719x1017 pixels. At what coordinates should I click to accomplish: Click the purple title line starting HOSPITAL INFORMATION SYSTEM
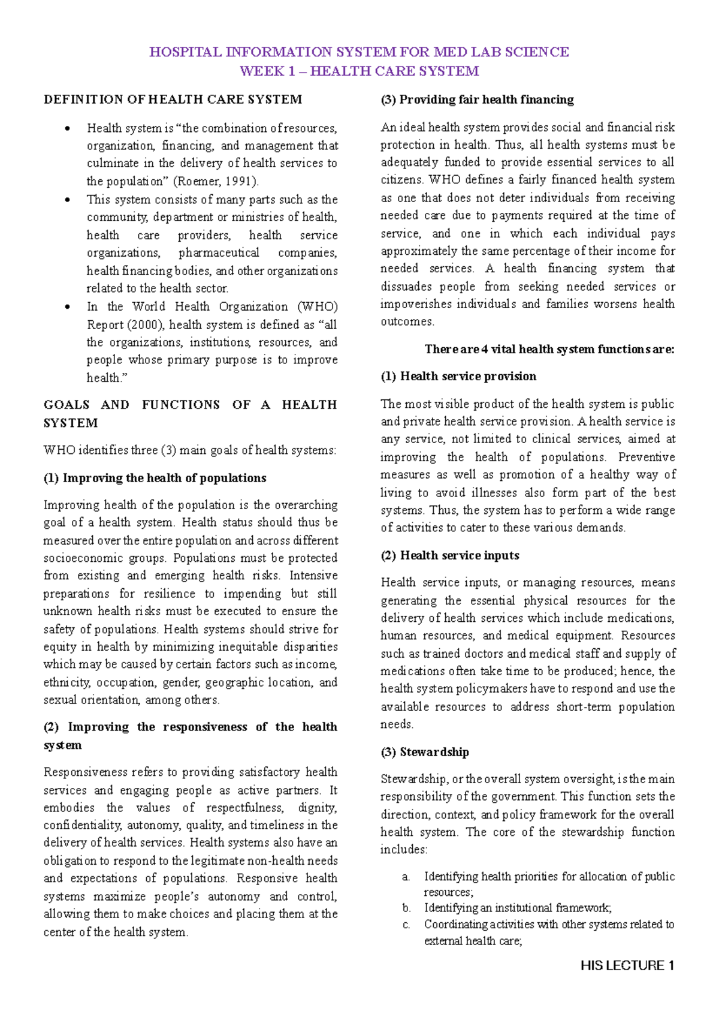[x=359, y=52]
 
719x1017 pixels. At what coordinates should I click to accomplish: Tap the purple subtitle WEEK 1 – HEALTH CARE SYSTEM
[x=359, y=71]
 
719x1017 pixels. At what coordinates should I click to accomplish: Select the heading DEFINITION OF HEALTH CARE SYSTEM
[x=173, y=100]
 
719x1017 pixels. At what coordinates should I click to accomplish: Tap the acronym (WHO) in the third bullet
[x=317, y=306]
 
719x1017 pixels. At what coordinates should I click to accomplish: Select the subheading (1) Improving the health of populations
[x=155, y=478]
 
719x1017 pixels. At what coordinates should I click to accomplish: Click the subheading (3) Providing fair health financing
[x=477, y=100]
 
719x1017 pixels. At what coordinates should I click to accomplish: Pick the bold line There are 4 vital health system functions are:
[x=549, y=349]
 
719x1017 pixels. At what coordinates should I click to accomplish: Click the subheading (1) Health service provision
[x=458, y=376]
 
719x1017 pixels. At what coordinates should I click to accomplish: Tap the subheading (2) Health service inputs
[x=450, y=555]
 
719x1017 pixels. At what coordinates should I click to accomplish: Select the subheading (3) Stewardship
[x=425, y=752]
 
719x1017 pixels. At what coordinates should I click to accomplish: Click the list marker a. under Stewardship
[x=406, y=877]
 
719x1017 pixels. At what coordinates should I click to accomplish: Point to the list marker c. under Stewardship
[x=406, y=925]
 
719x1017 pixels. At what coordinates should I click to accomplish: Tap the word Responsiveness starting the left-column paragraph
[x=86, y=772]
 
